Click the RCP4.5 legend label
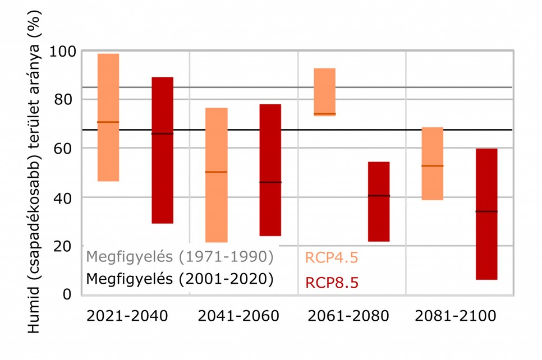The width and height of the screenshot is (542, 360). [332, 257]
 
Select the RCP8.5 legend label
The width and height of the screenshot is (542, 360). [332, 283]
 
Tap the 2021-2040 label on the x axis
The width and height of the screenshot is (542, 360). [127, 317]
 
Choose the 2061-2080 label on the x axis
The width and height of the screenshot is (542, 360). [348, 317]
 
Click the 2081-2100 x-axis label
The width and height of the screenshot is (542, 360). [455, 317]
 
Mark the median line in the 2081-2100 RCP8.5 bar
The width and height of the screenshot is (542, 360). [486, 211]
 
